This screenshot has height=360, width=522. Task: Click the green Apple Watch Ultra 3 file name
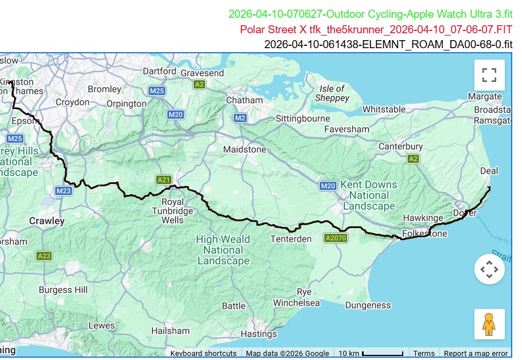pos(370,14)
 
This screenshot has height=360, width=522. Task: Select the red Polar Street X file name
pos(376,29)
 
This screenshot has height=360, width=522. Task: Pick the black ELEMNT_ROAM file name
pos(388,44)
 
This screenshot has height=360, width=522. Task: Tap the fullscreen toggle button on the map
pos(489,75)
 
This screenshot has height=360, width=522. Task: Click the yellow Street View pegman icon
pos(489,324)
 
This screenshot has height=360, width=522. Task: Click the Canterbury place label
pos(400,147)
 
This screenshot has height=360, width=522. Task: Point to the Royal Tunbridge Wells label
pos(173,211)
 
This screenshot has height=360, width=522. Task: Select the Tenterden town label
pos(291,238)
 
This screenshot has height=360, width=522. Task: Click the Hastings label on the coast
pos(259,334)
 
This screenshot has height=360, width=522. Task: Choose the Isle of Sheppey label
pos(332,93)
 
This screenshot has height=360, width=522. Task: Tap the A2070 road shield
pos(336,238)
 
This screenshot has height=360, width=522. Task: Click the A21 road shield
pos(163,180)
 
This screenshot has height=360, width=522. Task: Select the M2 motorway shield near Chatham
pos(240,118)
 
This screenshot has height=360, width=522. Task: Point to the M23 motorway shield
pos(63,190)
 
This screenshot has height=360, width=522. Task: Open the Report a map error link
pos(476,353)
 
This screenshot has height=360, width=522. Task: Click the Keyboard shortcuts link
pos(203,353)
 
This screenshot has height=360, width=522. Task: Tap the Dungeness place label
pos(368,306)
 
